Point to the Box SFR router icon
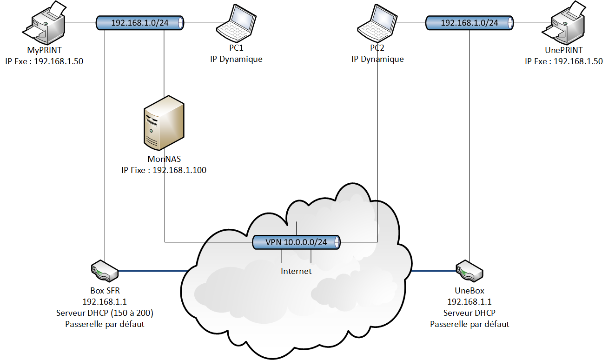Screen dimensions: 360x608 [105, 271]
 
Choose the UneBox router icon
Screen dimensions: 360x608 [469, 271]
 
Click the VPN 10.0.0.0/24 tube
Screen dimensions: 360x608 [296, 242]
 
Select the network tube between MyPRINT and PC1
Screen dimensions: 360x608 [139, 22]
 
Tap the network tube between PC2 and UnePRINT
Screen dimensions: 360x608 [469, 22]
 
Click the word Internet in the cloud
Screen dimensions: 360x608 [296, 271]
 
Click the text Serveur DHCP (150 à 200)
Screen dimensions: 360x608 [105, 313]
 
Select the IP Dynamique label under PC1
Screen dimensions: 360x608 [236, 59]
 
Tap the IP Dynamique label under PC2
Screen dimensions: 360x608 [377, 59]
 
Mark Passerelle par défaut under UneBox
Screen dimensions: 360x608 [469, 324]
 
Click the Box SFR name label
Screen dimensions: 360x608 [105, 291]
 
